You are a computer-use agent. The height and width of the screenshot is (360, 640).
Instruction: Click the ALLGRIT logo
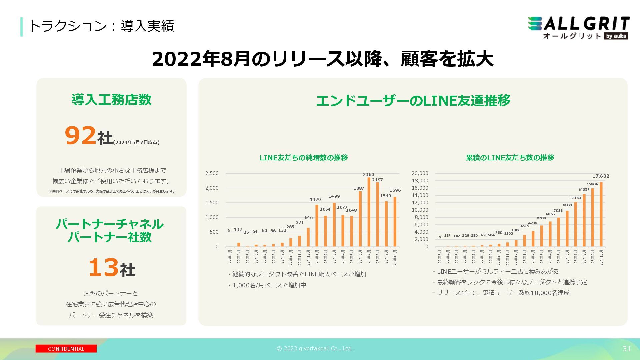(579, 28)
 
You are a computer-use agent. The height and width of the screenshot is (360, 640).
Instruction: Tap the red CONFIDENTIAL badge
(66, 349)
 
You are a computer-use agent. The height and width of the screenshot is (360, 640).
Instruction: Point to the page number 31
(626, 349)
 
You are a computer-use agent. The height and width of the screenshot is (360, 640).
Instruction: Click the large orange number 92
(80, 136)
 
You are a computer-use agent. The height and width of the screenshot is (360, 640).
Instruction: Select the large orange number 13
(103, 268)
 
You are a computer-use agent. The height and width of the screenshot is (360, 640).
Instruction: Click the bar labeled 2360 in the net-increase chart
(369, 212)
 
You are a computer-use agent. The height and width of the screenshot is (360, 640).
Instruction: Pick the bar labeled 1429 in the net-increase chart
(317, 226)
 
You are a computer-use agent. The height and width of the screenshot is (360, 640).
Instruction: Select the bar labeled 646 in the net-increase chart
(308, 237)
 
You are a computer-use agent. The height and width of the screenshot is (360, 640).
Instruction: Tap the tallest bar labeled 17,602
(601, 214)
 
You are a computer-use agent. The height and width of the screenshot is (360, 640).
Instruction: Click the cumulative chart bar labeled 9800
(567, 229)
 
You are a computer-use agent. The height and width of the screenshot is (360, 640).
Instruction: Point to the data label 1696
(395, 190)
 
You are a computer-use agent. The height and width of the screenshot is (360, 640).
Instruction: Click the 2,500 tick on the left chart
(212, 173)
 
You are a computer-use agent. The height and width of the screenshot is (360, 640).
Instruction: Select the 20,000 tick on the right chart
(420, 173)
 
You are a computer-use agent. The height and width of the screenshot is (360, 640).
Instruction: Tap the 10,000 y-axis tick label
(420, 210)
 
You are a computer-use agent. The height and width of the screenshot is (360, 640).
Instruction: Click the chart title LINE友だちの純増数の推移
(304, 158)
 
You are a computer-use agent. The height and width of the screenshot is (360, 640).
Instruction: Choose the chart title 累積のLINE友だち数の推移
(510, 158)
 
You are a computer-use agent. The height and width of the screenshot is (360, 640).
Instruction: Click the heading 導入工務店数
(111, 100)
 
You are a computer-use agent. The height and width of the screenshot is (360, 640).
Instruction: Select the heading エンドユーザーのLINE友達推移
(413, 101)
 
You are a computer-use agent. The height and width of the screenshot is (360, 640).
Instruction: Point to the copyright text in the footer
(314, 349)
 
